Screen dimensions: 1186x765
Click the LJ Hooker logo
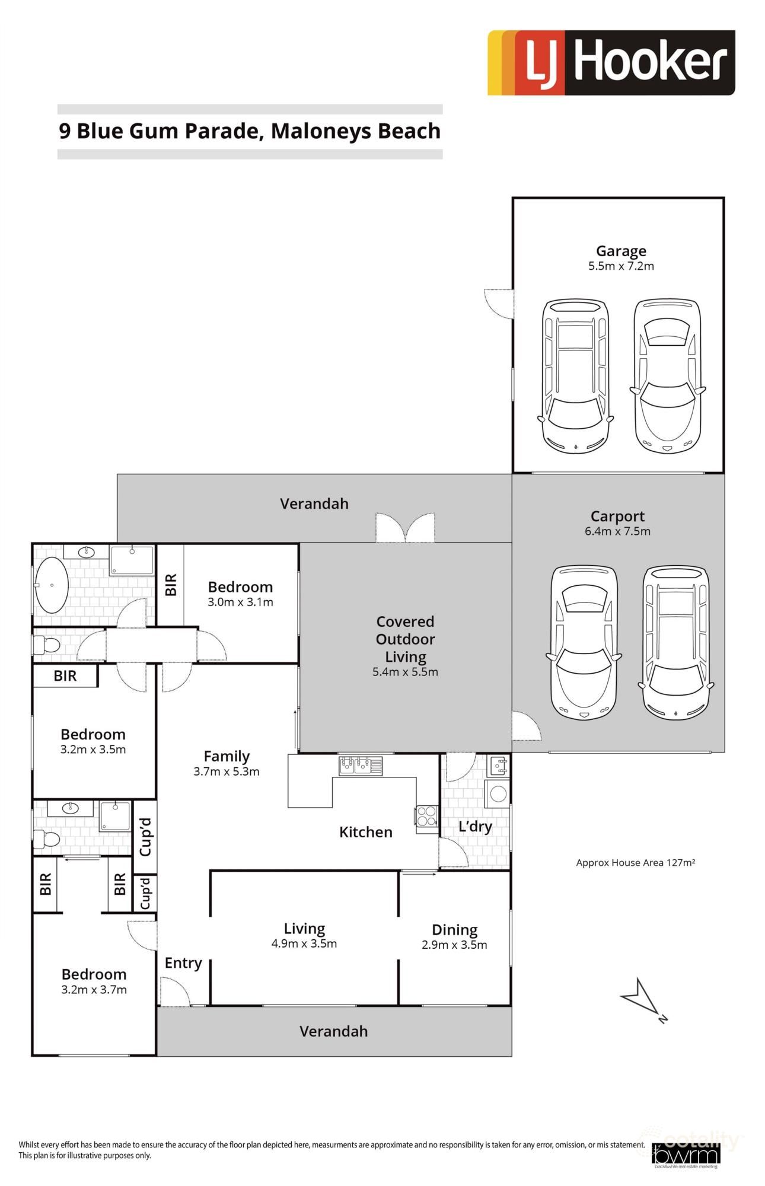(x=611, y=63)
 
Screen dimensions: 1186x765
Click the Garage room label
(x=620, y=251)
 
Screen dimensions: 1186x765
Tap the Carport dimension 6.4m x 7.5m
(x=617, y=531)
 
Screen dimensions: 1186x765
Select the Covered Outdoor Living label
(x=405, y=639)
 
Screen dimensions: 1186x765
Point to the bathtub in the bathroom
(x=52, y=585)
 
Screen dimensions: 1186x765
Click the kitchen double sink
(x=360, y=766)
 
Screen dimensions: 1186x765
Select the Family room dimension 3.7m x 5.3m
(x=226, y=771)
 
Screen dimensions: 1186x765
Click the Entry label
(x=183, y=963)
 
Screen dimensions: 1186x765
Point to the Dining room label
(x=454, y=930)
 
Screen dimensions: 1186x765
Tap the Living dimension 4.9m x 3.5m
(x=304, y=943)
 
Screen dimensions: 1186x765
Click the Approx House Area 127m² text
(x=635, y=862)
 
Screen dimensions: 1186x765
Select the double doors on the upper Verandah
(x=405, y=528)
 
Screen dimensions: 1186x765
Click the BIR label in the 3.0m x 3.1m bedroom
(x=171, y=585)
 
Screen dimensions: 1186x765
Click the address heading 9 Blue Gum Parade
(x=249, y=131)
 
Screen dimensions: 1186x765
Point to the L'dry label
(x=475, y=826)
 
